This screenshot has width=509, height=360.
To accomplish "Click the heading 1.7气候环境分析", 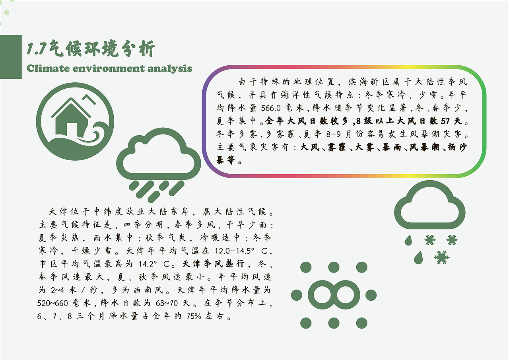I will [x=91, y=49].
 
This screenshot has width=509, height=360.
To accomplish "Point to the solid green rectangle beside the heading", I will [x=11, y=56].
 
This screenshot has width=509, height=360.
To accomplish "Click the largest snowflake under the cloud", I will [x=442, y=257].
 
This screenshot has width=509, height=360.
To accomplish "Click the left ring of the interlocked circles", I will [x=320, y=295].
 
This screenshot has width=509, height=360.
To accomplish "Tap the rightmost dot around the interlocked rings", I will [x=371, y=295].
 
